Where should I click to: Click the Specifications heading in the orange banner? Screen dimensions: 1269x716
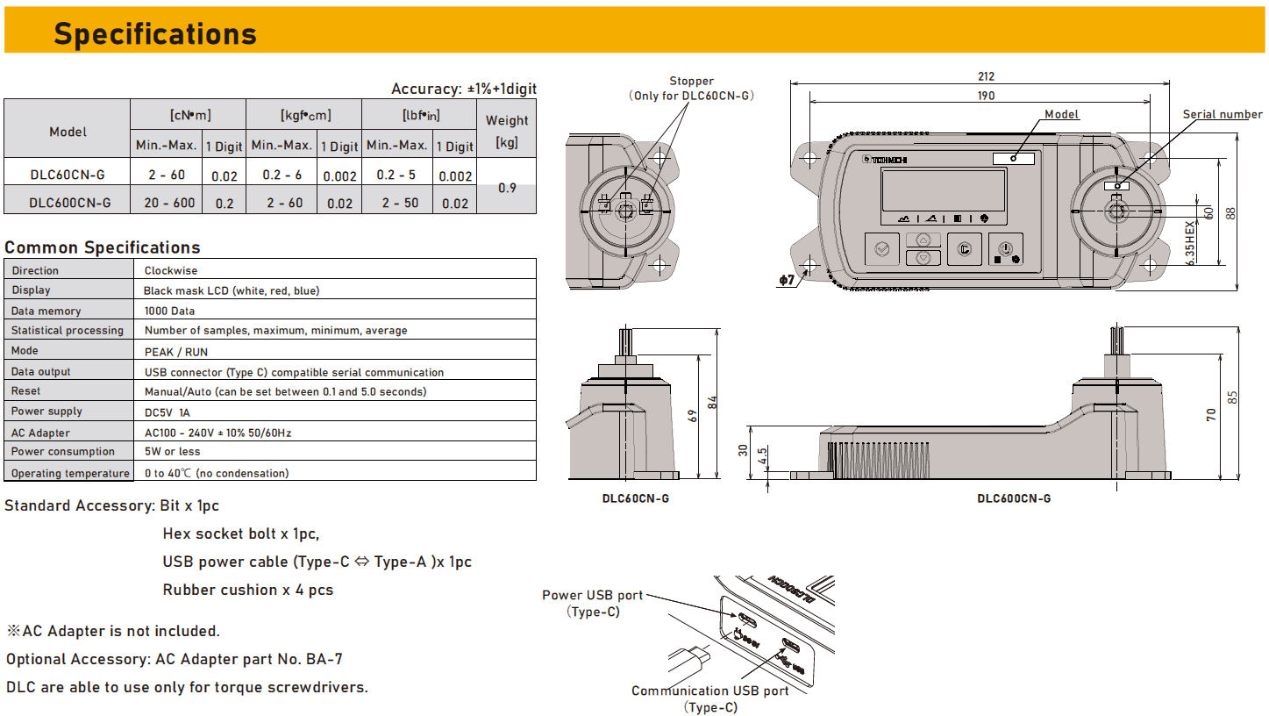click(155, 34)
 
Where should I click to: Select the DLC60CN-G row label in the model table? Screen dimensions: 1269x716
click(68, 175)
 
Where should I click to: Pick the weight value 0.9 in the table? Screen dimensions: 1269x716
click(507, 188)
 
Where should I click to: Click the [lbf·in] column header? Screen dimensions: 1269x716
click(421, 116)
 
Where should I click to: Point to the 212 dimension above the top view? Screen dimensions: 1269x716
click(986, 76)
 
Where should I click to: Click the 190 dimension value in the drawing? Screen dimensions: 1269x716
click(986, 96)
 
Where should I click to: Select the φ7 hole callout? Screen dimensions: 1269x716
click(787, 280)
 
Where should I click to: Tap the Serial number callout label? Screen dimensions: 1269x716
click(1223, 114)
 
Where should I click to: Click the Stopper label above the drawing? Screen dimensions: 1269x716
click(691, 81)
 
